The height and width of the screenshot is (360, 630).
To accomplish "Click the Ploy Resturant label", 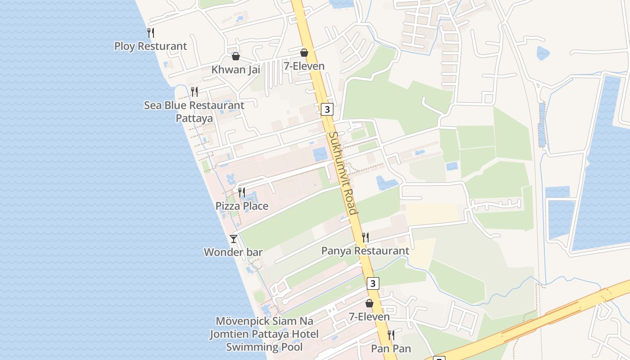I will [x=150, y=46].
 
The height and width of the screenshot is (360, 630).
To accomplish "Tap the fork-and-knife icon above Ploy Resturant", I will [x=151, y=32].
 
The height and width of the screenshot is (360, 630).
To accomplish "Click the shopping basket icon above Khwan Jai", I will [x=235, y=56].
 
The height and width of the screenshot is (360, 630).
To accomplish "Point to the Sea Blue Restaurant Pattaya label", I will [x=194, y=112].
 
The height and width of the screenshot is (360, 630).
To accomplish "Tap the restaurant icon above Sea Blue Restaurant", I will [x=194, y=92].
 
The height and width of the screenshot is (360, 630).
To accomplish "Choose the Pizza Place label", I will [x=242, y=206].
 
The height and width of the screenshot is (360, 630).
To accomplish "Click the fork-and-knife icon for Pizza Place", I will [x=242, y=193].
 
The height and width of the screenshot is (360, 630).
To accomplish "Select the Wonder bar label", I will [x=233, y=252].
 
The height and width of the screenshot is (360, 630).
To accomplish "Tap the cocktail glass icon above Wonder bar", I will [x=233, y=238].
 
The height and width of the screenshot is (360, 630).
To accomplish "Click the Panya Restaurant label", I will [x=365, y=251].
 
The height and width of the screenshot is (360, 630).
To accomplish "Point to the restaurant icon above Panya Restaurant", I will [x=365, y=237].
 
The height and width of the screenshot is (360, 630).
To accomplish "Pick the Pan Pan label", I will [x=391, y=348].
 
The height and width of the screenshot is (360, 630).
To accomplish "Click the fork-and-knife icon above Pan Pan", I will [x=391, y=335].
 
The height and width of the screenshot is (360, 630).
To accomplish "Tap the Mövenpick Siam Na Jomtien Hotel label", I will [x=264, y=334].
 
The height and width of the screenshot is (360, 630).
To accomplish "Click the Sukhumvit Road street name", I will [x=343, y=173].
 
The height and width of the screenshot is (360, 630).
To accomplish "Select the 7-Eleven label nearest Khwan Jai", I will [x=304, y=66].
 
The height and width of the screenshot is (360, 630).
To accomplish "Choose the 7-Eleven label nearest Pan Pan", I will [x=369, y=317].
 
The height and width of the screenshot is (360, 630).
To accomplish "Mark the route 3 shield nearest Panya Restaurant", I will [x=373, y=283].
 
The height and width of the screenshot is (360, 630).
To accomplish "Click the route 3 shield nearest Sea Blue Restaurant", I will [x=327, y=109].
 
